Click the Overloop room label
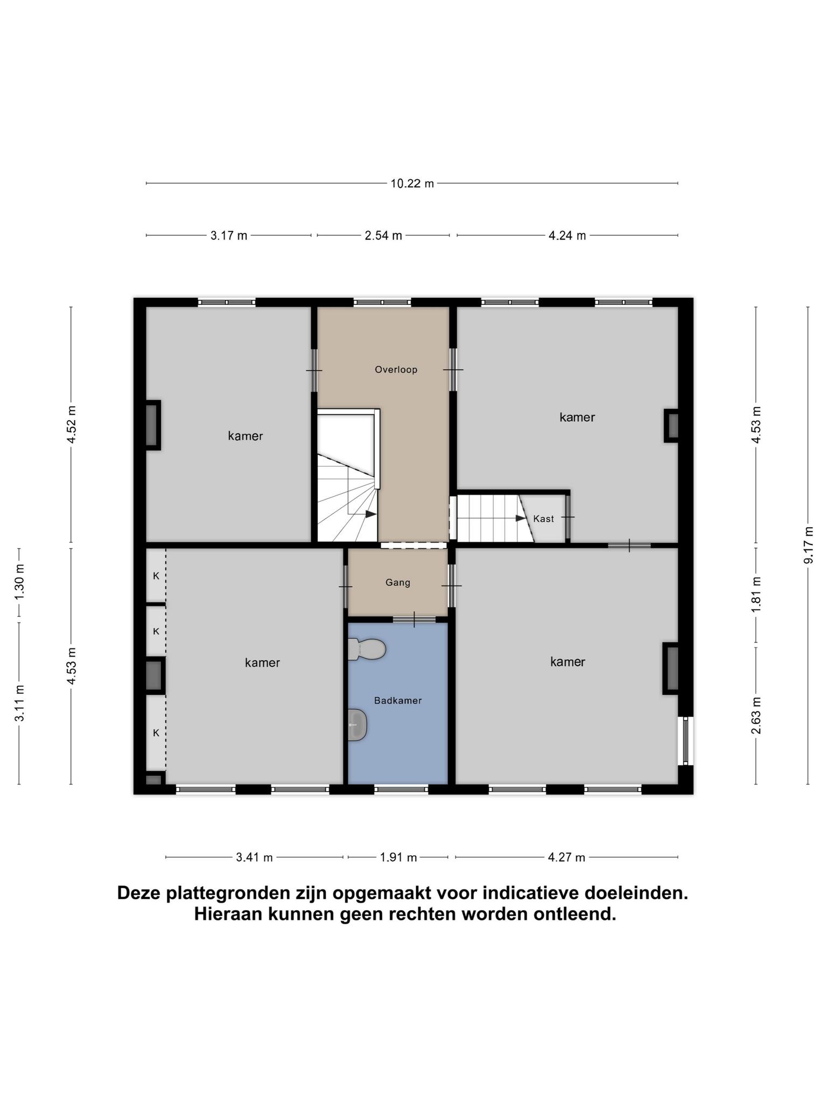pos(396,369)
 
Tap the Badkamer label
pos(398,701)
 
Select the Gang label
pos(398,583)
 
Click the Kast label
pos(543,519)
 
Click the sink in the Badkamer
pos(358,725)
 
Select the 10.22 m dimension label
pos(412,184)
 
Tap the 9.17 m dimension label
pos(808,545)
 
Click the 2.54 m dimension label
pos(383,236)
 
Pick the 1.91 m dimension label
pos(398,857)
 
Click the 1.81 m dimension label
pos(756,594)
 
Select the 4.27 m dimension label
pos(566,857)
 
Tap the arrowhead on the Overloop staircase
pos(371,514)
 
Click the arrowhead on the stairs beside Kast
pos(521,518)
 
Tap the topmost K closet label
pos(156,576)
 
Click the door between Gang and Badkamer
pos(414,619)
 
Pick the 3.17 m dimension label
pos(229,236)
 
